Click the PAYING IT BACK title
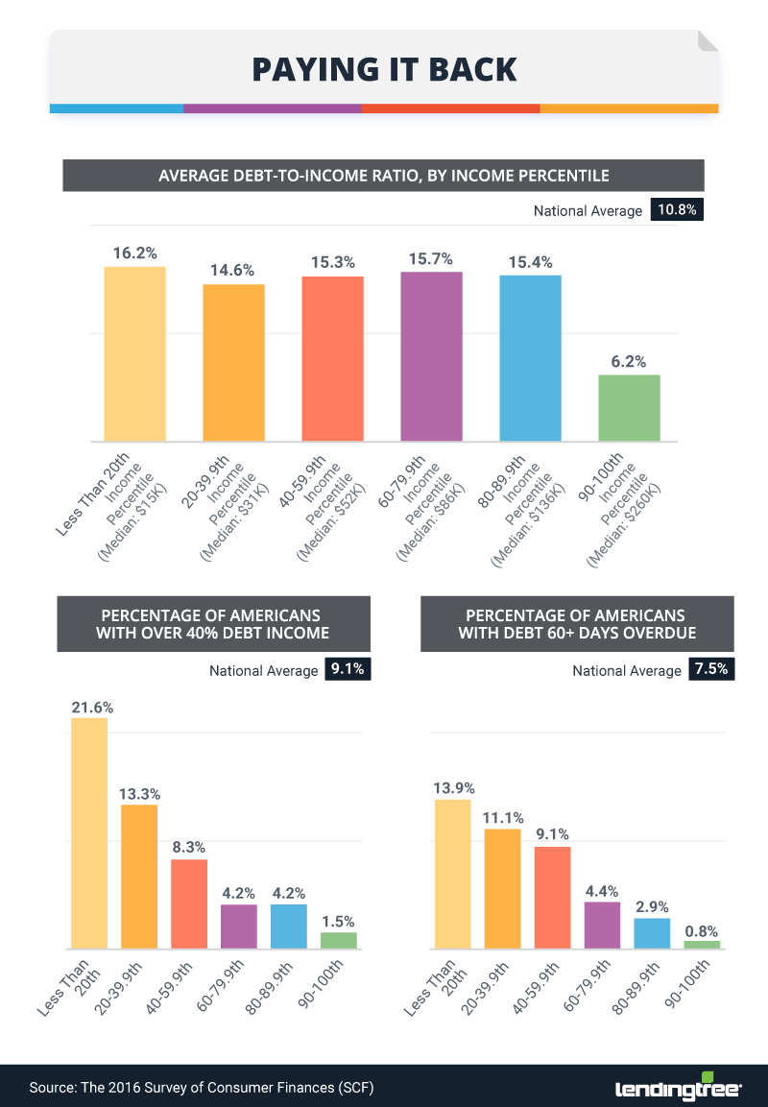point(383,69)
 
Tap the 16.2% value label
point(134,253)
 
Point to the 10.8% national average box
point(677,209)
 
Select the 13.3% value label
point(139,794)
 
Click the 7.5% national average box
point(711,670)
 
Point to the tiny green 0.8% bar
point(702,945)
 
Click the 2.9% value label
point(652,906)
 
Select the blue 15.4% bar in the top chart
point(530,358)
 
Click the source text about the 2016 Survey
point(202,1088)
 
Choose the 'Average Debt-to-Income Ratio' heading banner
point(383,176)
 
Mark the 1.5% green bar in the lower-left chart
point(339,940)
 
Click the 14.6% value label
point(233,272)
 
